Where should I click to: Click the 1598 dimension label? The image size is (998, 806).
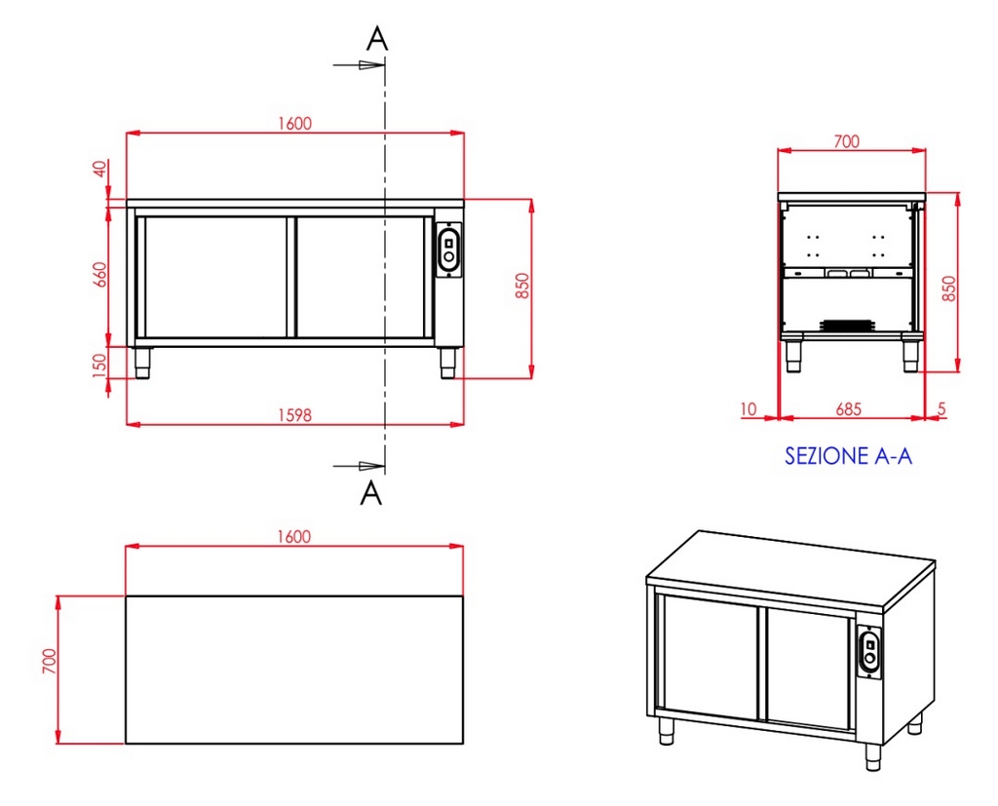pos(294,415)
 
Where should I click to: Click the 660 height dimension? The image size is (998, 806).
pos(100,275)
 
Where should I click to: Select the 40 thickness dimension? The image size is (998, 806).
pos(100,170)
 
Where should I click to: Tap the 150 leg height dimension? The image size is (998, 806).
pos(100,365)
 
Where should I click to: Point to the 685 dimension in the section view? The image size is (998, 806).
pos(849,408)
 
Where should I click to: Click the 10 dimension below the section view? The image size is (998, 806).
pos(749,408)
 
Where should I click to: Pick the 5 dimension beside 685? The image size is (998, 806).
pos(942,408)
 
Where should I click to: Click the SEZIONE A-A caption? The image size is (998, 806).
pos(849,456)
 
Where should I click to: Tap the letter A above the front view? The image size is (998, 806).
pos(377,39)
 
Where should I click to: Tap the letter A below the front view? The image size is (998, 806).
pos(371,493)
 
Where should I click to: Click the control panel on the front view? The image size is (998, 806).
pos(449,249)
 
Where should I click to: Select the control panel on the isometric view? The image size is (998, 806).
pos(869,650)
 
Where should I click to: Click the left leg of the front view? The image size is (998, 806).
pos(141,363)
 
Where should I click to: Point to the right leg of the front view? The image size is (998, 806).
pos(448,363)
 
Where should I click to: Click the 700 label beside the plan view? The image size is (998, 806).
pos(49,662)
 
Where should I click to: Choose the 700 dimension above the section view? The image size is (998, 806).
pos(847,140)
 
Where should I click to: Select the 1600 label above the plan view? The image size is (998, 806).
pos(294,537)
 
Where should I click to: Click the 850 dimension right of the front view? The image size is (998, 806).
pos(522,286)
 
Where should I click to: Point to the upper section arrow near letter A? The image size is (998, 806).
pos(359,65)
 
